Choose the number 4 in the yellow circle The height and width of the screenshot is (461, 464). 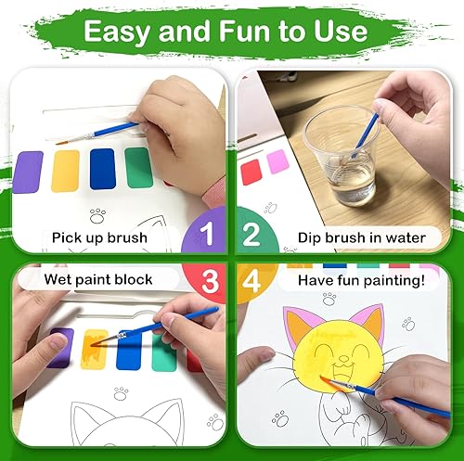251,281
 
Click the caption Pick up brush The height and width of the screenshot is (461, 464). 100,237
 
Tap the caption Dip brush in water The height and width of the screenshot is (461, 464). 362,237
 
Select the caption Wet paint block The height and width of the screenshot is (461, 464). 98,278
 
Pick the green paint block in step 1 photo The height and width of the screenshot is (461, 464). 139,168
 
